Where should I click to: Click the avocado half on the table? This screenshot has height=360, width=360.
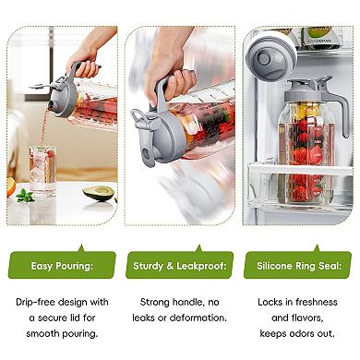[100, 195]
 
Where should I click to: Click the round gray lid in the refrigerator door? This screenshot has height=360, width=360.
[268, 57]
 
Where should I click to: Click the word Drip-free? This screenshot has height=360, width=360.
[33, 301]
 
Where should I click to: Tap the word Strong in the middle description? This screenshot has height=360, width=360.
[154, 301]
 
